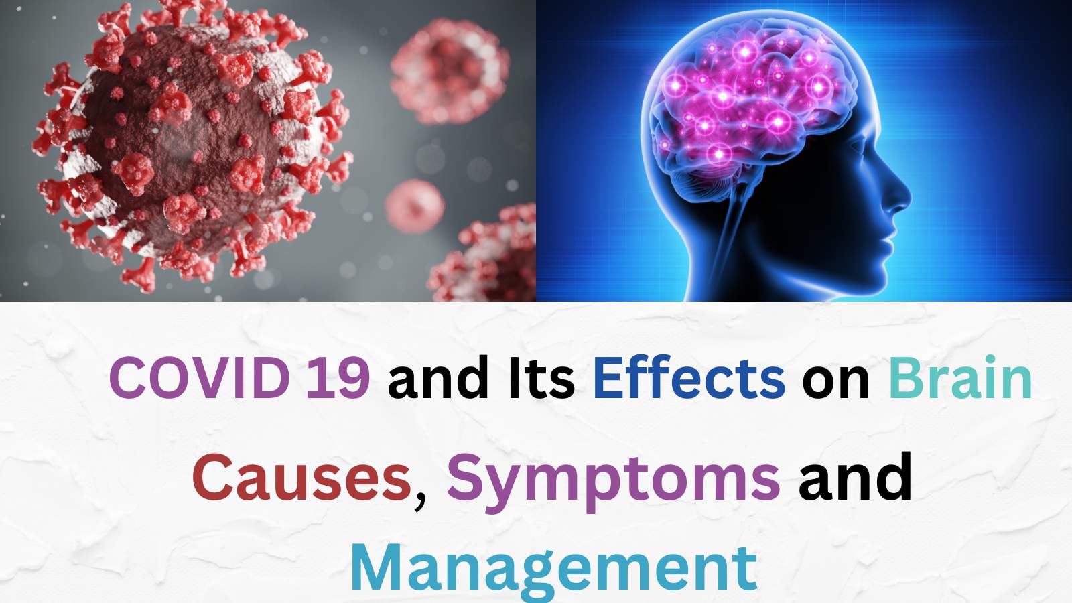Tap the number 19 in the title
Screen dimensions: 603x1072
[338, 378]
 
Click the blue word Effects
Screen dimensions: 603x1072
[689, 378]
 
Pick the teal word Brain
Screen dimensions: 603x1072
[959, 378]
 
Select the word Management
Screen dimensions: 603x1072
[553, 568]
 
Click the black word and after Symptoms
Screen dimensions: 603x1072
[855, 478]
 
